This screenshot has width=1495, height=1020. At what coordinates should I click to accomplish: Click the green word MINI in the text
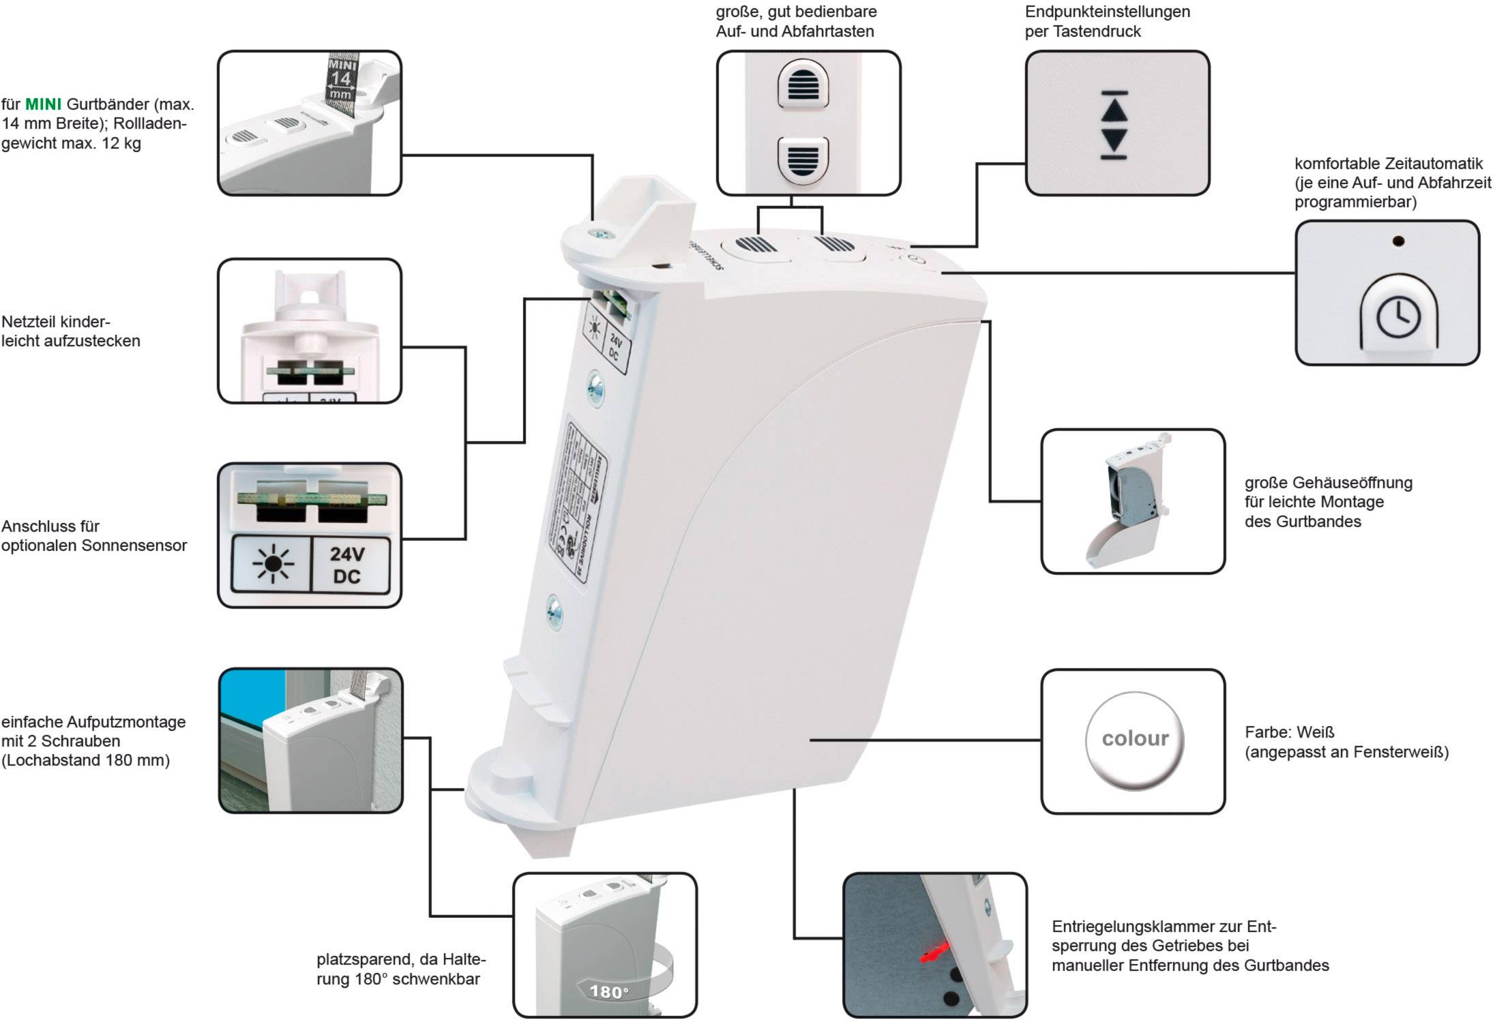(x=43, y=104)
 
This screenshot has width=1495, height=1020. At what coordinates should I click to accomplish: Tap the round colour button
(x=1135, y=740)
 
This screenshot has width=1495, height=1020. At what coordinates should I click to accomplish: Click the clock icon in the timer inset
(x=1398, y=318)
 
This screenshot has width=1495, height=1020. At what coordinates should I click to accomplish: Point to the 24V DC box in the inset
(x=348, y=565)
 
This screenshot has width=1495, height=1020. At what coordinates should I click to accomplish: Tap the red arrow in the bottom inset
(x=934, y=951)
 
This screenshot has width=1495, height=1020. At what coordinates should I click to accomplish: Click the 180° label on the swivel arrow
(x=608, y=991)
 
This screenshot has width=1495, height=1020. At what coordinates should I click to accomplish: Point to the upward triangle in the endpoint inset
(x=1114, y=109)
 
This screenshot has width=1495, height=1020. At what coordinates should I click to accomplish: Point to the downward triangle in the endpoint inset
(x=1114, y=140)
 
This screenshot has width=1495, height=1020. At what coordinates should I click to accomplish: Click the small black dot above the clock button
(x=1397, y=241)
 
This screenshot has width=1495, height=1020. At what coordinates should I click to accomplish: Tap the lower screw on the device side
(x=554, y=611)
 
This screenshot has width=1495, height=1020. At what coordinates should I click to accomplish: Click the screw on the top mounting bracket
(x=600, y=234)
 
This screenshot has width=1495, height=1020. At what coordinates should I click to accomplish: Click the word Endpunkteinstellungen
(x=1108, y=12)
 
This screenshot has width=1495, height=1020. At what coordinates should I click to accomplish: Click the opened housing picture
(x=1132, y=500)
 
